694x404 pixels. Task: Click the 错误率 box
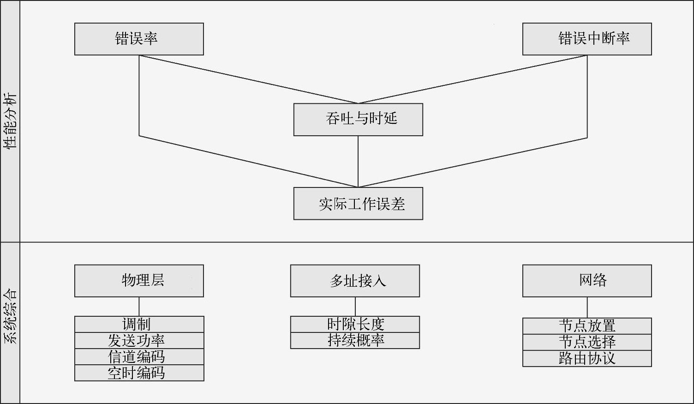click(139, 39)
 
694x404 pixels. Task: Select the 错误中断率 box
click(587, 39)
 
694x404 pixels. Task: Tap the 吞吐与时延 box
click(358, 120)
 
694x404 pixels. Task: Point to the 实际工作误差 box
click(358, 204)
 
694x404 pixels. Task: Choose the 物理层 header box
click(139, 281)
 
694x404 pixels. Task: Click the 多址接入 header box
click(355, 281)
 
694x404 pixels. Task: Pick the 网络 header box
click(587, 281)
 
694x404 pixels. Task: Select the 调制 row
click(139, 324)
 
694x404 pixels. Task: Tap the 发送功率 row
click(139, 341)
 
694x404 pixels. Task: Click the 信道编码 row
click(139, 357)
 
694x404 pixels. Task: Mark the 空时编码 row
click(139, 373)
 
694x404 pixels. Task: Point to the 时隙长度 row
click(355, 324)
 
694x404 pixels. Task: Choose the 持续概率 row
click(355, 341)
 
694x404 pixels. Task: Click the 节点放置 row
click(587, 326)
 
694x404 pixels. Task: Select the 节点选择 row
click(587, 342)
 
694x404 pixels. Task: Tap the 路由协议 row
click(587, 359)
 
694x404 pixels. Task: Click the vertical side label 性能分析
click(10, 121)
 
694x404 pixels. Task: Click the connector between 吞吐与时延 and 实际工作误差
click(358, 162)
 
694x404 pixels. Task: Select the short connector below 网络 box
click(587, 307)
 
